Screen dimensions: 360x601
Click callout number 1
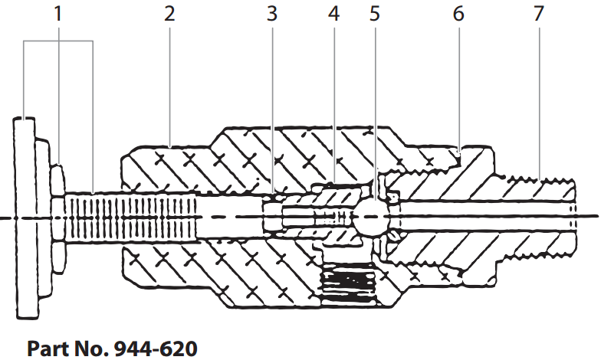coord(58,13)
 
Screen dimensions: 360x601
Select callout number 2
coord(169,13)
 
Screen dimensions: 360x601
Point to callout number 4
coord(332,13)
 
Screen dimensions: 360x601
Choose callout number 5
coord(374,13)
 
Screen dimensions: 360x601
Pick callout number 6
coord(458,13)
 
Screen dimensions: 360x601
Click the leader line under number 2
coord(169,84)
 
